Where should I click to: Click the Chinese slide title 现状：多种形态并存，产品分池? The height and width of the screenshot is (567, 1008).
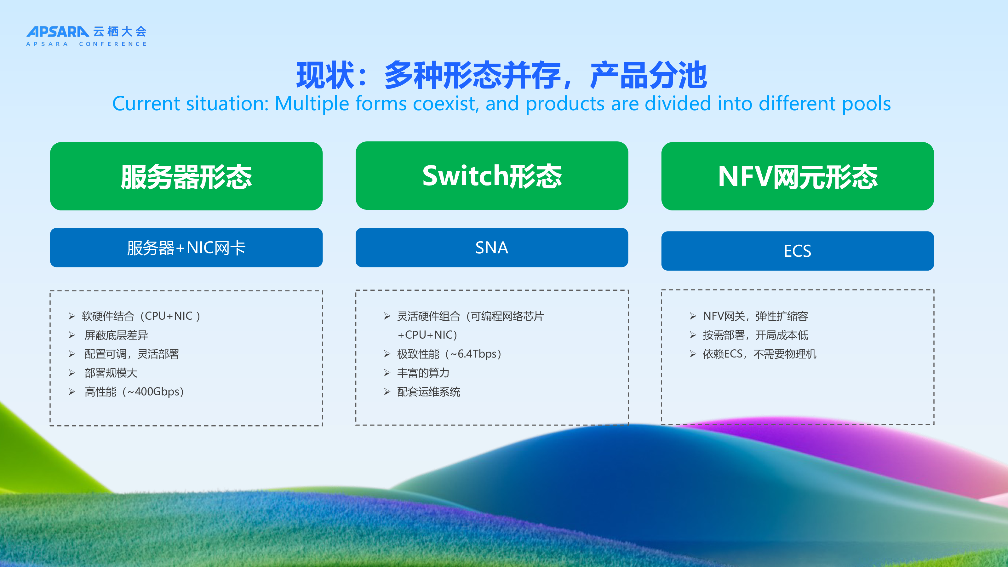tap(502, 76)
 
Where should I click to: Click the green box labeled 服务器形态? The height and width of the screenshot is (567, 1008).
tap(186, 176)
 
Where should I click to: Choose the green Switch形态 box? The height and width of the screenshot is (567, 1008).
tap(492, 176)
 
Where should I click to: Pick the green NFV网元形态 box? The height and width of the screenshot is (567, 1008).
tap(798, 176)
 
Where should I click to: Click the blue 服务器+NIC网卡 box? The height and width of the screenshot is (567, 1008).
tap(186, 248)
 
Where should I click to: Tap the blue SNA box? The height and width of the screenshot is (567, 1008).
tap(492, 248)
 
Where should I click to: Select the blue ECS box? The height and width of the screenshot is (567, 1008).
tap(798, 251)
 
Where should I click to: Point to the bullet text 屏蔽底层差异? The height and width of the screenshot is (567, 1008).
tap(116, 335)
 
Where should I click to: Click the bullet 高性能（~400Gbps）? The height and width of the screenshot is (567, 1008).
tap(134, 392)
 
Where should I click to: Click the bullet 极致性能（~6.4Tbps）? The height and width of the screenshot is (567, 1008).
tap(449, 354)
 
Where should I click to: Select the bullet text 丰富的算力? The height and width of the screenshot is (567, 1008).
tap(423, 373)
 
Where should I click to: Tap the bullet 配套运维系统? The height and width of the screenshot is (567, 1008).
tap(428, 392)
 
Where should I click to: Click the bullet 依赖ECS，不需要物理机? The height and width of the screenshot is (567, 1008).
tap(760, 354)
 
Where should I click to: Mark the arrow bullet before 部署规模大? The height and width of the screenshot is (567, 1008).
tap(72, 373)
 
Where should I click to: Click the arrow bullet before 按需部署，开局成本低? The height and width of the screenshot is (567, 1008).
tap(693, 335)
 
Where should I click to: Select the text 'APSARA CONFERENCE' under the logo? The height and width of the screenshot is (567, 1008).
tap(87, 44)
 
